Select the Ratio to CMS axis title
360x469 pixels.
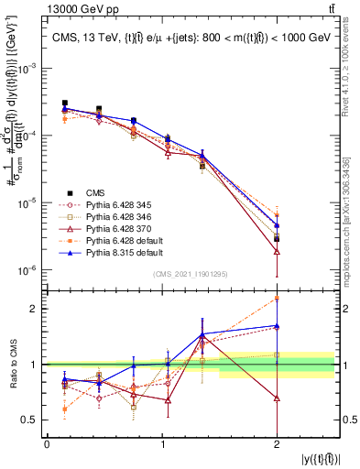tap(12, 365)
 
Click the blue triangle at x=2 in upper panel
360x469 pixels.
tap(277, 224)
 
